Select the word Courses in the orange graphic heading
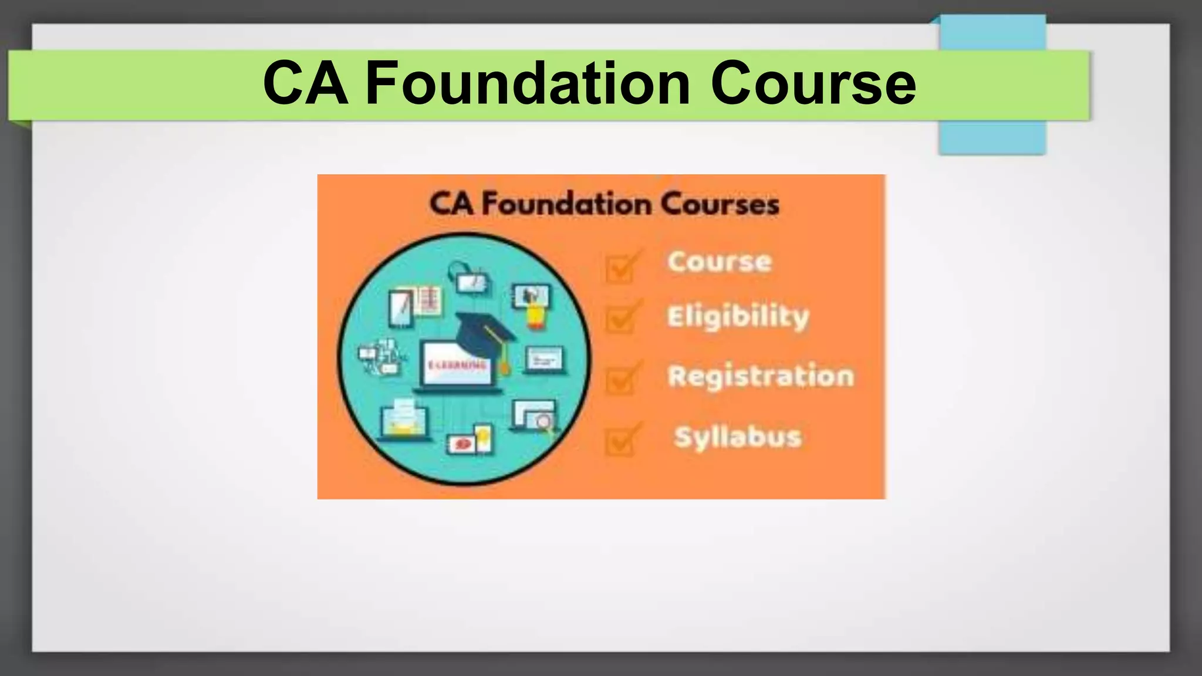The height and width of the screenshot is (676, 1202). click(x=720, y=204)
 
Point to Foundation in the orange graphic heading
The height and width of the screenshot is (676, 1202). click(x=566, y=204)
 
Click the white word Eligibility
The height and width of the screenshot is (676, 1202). click(x=738, y=317)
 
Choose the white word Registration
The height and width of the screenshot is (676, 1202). click(x=761, y=376)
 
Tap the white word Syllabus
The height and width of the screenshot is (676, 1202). click(x=738, y=437)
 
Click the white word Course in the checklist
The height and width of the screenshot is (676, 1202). click(x=720, y=262)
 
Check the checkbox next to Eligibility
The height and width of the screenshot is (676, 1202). click(x=620, y=319)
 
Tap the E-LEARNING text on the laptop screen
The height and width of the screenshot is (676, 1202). click(x=457, y=365)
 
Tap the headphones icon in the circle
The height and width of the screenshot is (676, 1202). click(x=457, y=271)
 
